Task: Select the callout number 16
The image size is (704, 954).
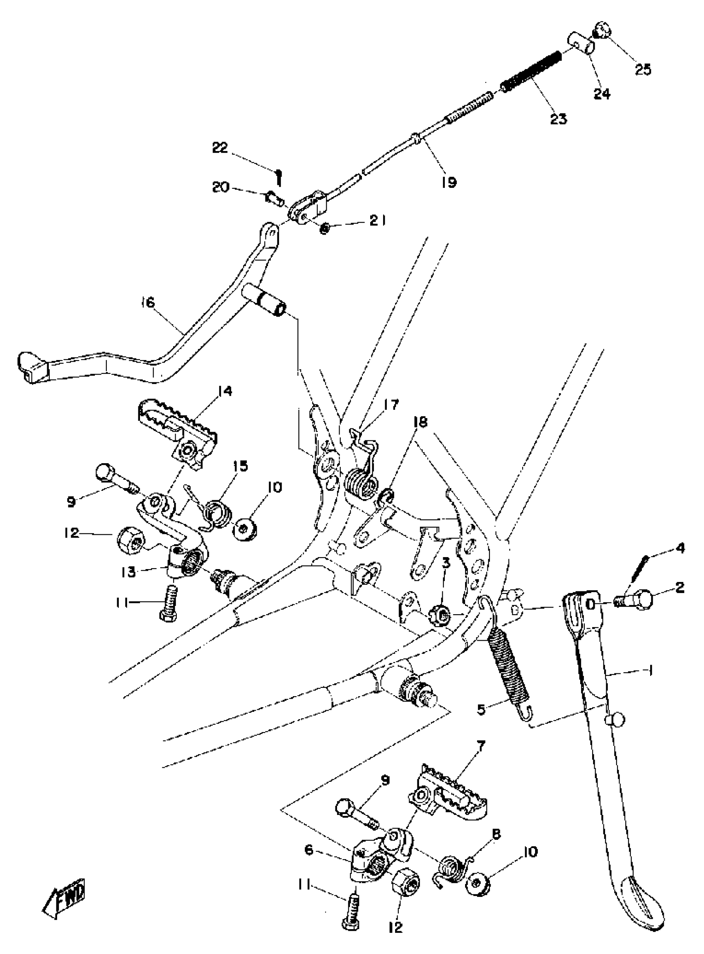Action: click(x=148, y=303)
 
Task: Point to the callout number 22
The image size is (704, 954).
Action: click(x=220, y=148)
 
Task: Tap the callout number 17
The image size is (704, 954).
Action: click(x=391, y=404)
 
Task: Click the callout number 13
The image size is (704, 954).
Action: click(x=128, y=572)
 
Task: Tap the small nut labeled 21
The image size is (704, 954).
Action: click(x=325, y=229)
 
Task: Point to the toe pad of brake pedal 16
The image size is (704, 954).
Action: click(x=32, y=366)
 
